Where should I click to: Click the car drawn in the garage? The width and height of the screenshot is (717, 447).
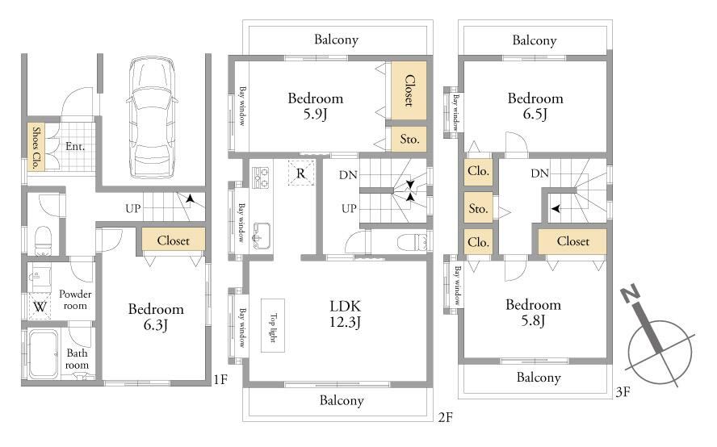point(151,117)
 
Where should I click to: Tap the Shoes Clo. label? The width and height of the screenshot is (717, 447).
point(36,147)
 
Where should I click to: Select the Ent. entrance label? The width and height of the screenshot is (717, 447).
point(75,146)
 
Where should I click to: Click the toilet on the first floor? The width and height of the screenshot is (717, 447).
point(44,240)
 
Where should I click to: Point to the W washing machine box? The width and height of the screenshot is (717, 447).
point(40,306)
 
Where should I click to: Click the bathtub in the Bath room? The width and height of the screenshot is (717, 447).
point(44,355)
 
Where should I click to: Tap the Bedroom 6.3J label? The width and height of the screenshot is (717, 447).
point(156,317)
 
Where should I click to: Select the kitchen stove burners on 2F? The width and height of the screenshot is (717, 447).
point(261,178)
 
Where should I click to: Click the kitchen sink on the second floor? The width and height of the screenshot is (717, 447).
point(262,235)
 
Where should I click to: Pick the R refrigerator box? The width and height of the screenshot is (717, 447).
point(301,173)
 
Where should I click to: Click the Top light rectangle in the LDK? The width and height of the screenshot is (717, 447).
point(273,325)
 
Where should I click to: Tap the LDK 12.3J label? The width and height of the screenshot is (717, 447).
point(346,314)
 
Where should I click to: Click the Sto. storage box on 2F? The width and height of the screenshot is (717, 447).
point(409,139)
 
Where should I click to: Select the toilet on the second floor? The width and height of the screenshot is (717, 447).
point(413,242)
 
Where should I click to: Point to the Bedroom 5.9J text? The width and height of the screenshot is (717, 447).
point(316,106)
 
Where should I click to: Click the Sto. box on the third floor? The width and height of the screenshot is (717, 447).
point(478,208)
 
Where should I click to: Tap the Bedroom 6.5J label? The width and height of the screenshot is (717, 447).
point(535,106)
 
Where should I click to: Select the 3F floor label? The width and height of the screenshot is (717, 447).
point(623,391)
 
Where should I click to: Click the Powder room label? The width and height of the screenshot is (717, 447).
point(75,300)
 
